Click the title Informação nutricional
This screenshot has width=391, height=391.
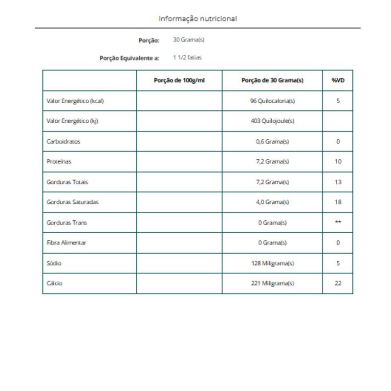point(198,19)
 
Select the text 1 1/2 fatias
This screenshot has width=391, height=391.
point(188,58)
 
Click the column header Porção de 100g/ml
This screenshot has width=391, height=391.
point(179,81)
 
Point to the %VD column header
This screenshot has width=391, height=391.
point(338,81)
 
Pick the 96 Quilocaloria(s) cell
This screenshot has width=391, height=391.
point(272,101)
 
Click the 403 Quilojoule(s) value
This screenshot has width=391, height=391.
point(272,122)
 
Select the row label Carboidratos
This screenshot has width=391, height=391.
point(64,142)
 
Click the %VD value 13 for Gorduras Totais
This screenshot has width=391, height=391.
point(338,182)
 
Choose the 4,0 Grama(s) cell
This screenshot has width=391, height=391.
point(272,202)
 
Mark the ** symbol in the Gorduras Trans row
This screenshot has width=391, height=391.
point(338,222)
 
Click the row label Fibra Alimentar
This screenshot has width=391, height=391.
point(66,243)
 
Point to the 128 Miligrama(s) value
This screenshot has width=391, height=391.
point(272,263)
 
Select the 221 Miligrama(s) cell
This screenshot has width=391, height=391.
point(272,283)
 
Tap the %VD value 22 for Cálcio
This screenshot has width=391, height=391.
point(338,283)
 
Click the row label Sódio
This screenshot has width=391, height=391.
point(54,263)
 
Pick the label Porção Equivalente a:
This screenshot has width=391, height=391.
point(129,58)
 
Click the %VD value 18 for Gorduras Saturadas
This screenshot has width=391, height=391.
point(338,202)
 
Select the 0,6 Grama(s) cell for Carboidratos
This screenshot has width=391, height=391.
point(272,142)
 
